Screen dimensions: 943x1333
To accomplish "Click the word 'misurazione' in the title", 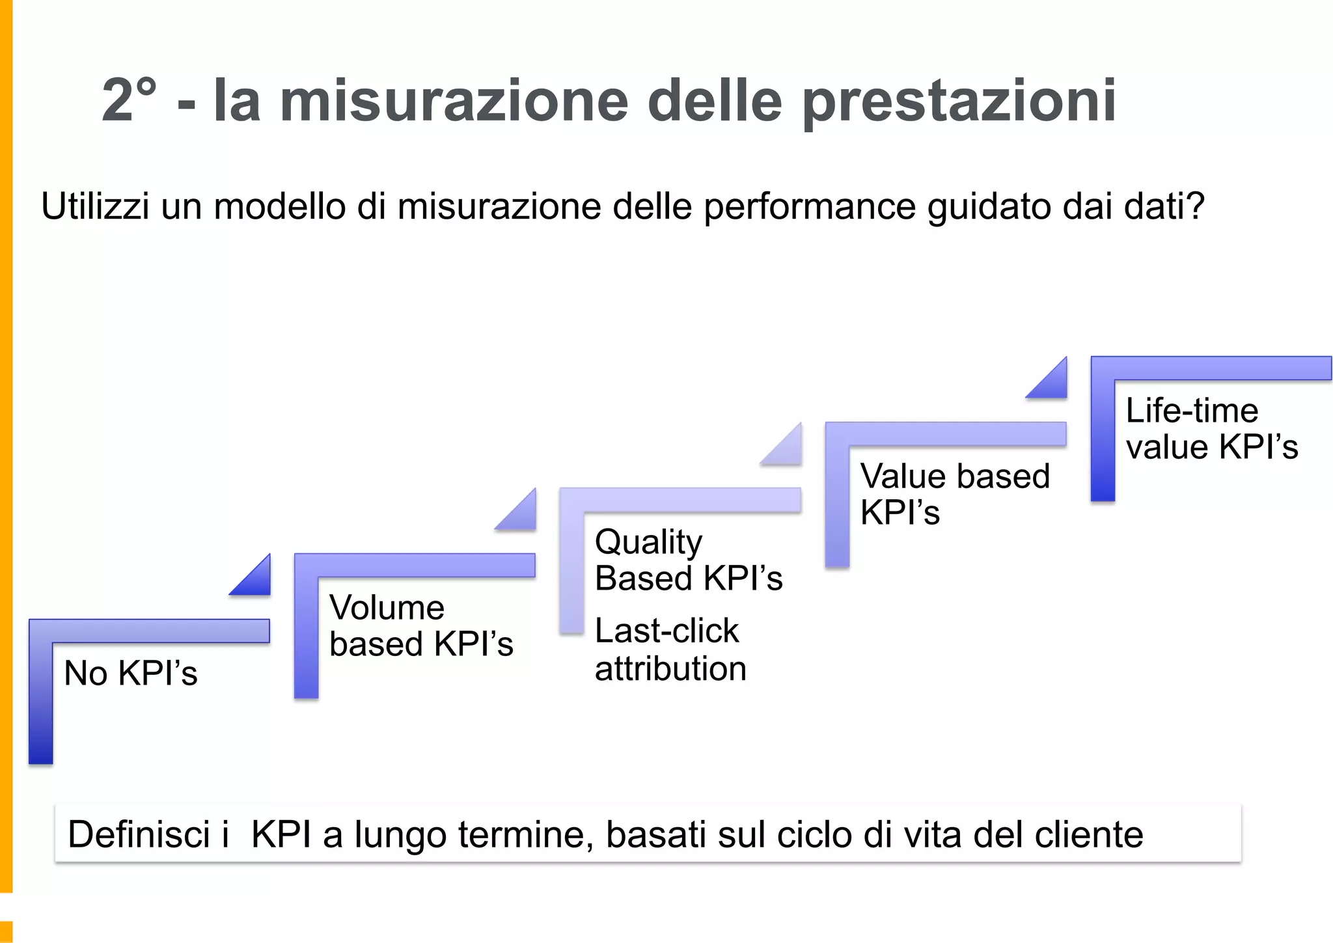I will coord(454,101).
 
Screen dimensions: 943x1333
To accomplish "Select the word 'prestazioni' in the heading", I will coord(959,102).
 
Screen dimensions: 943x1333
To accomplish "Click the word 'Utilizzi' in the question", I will coord(95,206).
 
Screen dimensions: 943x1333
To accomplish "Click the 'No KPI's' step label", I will coord(130,673).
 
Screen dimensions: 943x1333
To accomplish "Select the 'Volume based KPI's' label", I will coord(420,625).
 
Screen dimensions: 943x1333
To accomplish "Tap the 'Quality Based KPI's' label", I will coord(688,560).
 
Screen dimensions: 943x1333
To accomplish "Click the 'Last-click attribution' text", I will coord(670,649).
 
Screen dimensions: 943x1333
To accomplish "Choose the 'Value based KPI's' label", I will coord(954,493).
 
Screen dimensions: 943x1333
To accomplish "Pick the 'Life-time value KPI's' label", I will coord(1211,428).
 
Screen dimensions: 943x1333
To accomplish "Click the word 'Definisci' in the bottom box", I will coord(139,834).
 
